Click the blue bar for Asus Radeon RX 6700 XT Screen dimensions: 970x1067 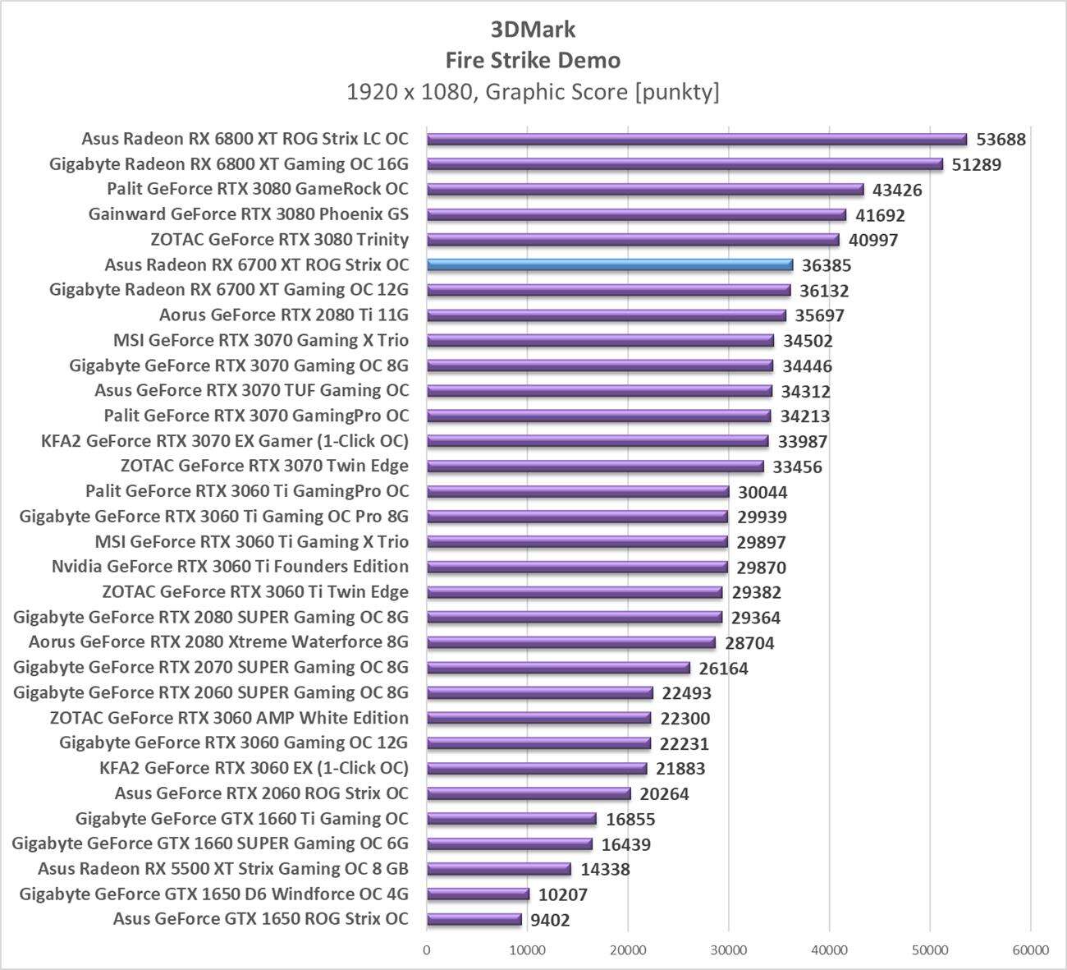click(x=610, y=264)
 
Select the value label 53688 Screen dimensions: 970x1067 click(x=1001, y=140)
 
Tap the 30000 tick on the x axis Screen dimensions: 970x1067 click(x=728, y=949)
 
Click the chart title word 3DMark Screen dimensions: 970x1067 click(x=533, y=30)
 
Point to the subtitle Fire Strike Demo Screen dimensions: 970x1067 click(x=533, y=60)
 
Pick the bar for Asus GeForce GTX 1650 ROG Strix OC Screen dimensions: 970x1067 click(x=474, y=919)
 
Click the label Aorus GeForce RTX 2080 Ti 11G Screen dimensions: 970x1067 click(x=283, y=315)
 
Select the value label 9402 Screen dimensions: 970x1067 click(x=550, y=920)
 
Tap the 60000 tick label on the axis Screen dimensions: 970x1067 click(x=1030, y=949)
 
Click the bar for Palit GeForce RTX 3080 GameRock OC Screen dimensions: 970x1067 click(x=645, y=190)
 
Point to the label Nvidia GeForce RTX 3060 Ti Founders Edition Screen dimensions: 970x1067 click(x=230, y=567)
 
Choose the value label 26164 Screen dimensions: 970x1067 click(x=723, y=669)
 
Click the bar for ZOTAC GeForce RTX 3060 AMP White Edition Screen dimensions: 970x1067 click(x=539, y=718)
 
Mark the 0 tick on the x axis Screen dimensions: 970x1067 click(x=427, y=949)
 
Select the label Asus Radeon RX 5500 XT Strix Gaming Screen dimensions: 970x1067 click(x=222, y=869)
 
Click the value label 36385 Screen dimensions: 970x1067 click(x=827, y=265)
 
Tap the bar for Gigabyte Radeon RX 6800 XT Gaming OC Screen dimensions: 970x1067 click(x=685, y=164)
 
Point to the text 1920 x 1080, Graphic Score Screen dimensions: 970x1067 click(x=533, y=91)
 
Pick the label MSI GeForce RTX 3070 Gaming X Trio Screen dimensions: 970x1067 click(x=260, y=340)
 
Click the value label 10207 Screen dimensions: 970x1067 click(x=563, y=894)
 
